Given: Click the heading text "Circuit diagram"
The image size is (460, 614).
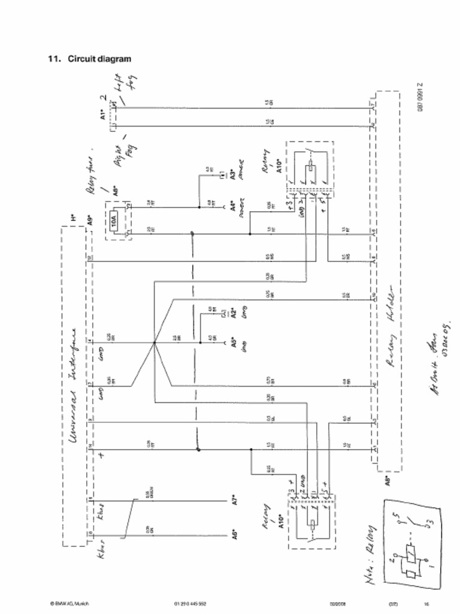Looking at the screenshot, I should pyautogui.click(x=99, y=59).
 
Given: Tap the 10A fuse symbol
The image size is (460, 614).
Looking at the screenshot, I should pyautogui.click(x=116, y=220).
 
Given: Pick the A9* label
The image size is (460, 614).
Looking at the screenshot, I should pyautogui.click(x=89, y=220).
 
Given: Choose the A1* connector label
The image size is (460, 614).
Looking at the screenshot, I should pyautogui.click(x=103, y=114).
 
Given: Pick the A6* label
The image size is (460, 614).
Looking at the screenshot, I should pyautogui.click(x=235, y=532).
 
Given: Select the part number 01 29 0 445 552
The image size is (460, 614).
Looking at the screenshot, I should pyautogui.click(x=190, y=603).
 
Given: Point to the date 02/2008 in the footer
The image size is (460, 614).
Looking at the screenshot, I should pyautogui.click(x=336, y=603).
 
